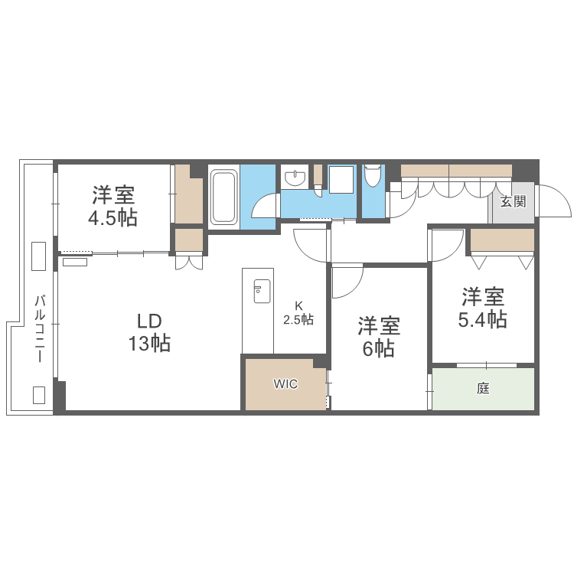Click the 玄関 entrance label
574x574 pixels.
[x=513, y=202]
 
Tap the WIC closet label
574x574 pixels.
[x=286, y=383]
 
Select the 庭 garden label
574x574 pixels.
[x=483, y=389]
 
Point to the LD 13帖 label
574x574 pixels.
[x=149, y=332]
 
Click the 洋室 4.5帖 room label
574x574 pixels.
[x=113, y=206]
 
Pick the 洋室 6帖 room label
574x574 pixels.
[x=379, y=338]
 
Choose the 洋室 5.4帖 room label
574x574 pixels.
[x=482, y=308]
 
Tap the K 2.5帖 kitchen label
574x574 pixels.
[x=298, y=314]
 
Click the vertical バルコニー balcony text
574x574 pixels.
[x=39, y=328]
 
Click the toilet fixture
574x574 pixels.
[x=373, y=175]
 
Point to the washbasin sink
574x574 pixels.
[x=294, y=178]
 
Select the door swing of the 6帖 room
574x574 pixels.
[x=346, y=280]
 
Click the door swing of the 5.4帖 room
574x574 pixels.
[x=446, y=243]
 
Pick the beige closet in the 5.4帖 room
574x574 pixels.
[x=502, y=240]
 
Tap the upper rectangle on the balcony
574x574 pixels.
[x=38, y=256]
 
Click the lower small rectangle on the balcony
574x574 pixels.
[x=38, y=394]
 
